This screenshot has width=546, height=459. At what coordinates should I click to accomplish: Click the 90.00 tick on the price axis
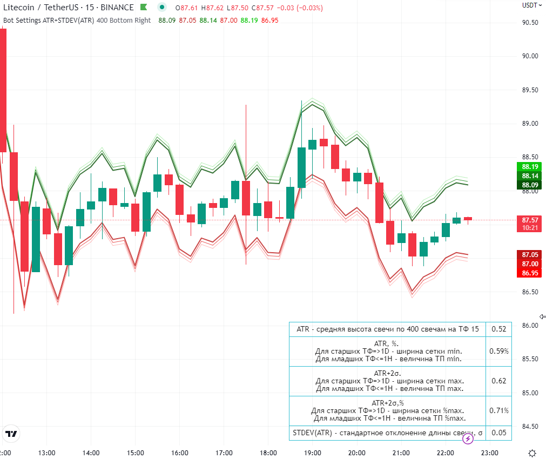point(530,56)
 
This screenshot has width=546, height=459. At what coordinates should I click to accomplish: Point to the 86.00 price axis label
point(530,326)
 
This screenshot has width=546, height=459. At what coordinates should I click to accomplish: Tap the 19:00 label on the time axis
point(313,453)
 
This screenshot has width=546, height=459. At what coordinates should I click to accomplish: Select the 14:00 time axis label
point(91,453)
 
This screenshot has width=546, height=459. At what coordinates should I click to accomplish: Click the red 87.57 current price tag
point(530,220)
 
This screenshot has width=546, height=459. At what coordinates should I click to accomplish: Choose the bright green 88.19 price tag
point(530,166)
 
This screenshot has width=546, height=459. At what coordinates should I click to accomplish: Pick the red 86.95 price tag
point(530,273)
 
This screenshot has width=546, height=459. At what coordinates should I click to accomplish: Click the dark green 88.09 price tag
point(530,185)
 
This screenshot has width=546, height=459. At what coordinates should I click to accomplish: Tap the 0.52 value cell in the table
point(499,329)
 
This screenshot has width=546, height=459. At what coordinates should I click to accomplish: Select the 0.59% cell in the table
point(499,351)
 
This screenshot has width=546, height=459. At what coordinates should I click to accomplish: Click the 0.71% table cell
point(499,410)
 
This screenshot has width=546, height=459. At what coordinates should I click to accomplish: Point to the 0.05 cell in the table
point(499,433)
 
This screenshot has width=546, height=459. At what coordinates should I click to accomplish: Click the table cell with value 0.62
point(499,381)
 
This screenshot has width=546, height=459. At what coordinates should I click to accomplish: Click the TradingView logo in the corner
point(11,434)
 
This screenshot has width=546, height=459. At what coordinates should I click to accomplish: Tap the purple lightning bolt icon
point(469,438)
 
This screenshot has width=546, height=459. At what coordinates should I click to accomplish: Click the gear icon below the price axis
point(532,453)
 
